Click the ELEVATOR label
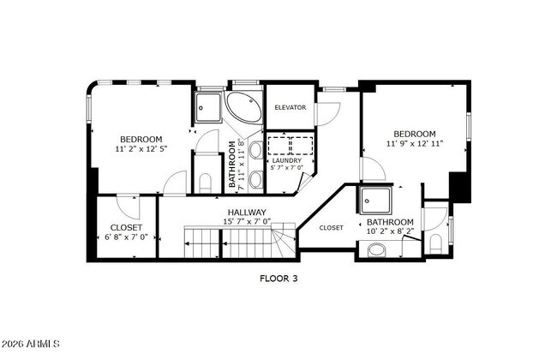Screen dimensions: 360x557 tap(290, 108)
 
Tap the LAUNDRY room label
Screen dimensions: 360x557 tap(287, 160)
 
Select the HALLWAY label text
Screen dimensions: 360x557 tap(246, 212)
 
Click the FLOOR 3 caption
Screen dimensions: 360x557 tap(278, 278)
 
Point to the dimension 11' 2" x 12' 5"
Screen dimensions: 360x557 tap(141, 149)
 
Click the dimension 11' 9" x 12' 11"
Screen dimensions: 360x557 tap(415, 144)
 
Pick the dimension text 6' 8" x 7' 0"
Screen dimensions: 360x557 tap(126, 237)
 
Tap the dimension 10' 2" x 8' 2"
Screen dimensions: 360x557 tap(391, 231)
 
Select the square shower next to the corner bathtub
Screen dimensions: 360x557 tap(207, 106)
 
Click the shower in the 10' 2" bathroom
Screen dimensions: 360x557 tap(375, 201)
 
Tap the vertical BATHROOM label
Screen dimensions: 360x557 tap(232, 163)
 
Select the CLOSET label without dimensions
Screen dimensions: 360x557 tap(331, 228)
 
